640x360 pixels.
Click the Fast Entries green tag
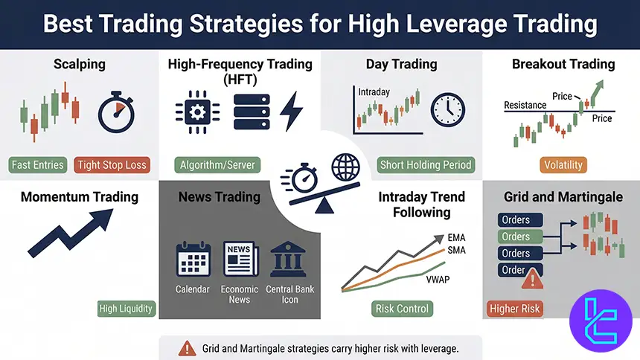coord(38,164)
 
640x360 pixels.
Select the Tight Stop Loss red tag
coord(112,164)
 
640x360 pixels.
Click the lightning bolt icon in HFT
coord(291,112)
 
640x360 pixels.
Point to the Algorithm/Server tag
coord(217,164)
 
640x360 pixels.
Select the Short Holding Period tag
coord(426,164)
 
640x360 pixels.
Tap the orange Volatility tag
coord(563,164)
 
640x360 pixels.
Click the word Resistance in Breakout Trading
coord(525,105)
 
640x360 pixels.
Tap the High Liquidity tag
coord(125,308)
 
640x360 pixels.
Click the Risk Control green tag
coord(402,308)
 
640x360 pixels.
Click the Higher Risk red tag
coord(515,308)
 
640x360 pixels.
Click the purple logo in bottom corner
coord(600,320)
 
